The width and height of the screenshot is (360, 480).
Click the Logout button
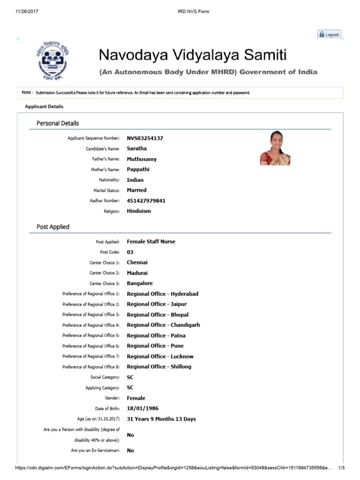pos(330,35)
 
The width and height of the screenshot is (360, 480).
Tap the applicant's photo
pos(275,148)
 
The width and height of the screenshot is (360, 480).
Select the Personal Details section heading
pos(58,123)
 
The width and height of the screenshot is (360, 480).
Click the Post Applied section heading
pos(53,227)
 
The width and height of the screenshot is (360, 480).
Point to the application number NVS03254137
pos(145,138)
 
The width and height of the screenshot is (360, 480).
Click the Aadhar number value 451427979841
pos(146,201)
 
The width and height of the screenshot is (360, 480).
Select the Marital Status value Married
pos(136,190)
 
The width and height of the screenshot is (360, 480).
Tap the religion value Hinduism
pos(139,211)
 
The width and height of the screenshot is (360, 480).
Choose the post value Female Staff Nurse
pos(151,242)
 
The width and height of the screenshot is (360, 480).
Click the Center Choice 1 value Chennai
pos(137,262)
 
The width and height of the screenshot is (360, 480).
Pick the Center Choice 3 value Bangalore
pos(140,284)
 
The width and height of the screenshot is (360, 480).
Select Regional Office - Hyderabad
pos(162,294)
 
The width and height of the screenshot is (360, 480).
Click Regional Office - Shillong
pos(159,367)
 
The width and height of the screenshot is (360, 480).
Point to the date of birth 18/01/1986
pos(142,408)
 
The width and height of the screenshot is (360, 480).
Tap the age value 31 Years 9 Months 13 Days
pos(161,419)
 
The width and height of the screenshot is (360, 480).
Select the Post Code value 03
pos(130,252)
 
